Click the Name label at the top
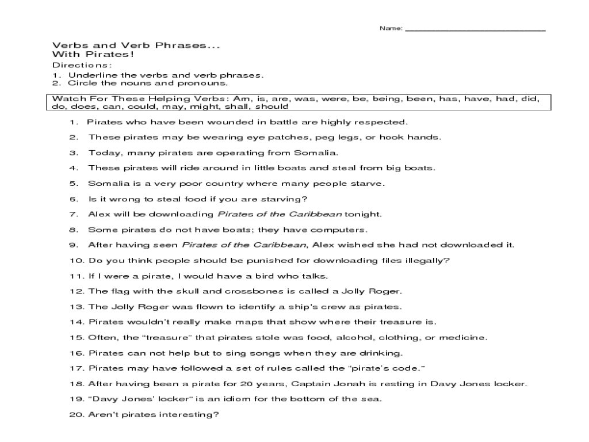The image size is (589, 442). (391, 28)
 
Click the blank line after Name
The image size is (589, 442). (475, 30)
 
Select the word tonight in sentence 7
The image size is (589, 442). (364, 214)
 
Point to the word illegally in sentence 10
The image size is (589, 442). (428, 260)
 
